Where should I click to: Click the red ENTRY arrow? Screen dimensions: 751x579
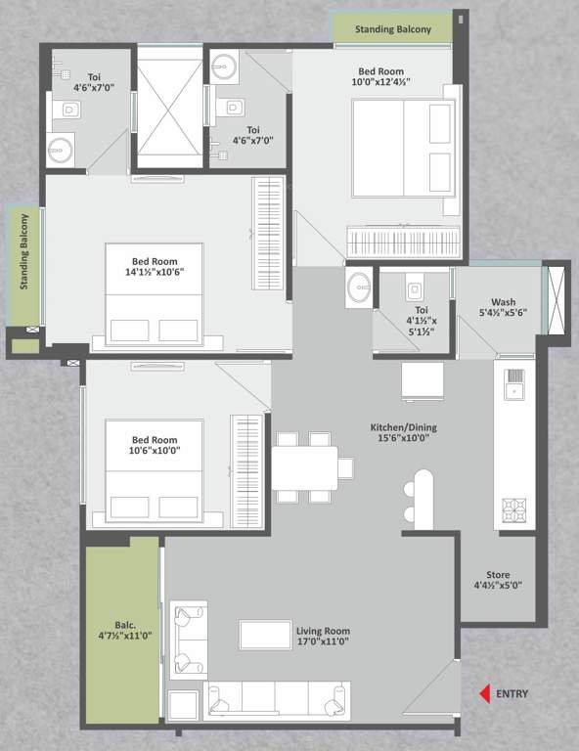(483, 694)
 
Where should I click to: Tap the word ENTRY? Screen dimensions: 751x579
(512, 694)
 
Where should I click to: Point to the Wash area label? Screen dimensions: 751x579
(503, 302)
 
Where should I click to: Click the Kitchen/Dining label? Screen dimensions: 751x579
(404, 428)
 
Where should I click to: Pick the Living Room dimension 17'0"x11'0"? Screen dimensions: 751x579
(323, 645)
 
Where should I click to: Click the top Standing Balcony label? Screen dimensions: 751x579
(392, 29)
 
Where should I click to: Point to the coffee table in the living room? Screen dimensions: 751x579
(265, 635)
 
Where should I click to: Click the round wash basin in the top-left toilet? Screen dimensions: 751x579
(60, 151)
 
